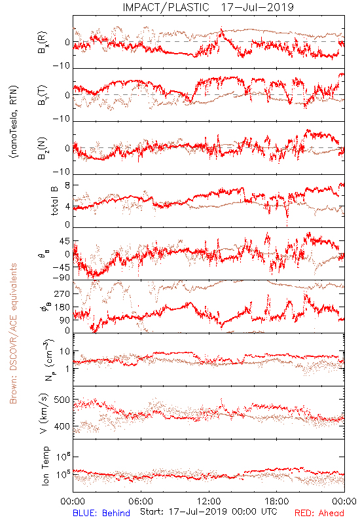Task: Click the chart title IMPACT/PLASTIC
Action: [x=166, y=7]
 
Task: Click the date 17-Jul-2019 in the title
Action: [x=257, y=7]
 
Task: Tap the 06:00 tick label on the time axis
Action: [x=141, y=501]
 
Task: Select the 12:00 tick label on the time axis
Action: [x=209, y=501]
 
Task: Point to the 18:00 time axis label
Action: [x=277, y=501]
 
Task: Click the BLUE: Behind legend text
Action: [x=101, y=513]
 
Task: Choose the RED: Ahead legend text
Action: [x=319, y=513]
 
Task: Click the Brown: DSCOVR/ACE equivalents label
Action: [x=13, y=333]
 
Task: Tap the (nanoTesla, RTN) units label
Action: [x=14, y=122]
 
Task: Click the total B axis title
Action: [x=54, y=201]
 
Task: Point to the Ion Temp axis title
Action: [x=45, y=466]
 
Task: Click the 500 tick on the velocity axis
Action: [x=62, y=400]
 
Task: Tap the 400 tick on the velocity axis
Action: [x=62, y=426]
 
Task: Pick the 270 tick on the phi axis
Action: [x=62, y=293]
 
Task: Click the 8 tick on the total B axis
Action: [x=67, y=185]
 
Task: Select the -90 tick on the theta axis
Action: [x=62, y=278]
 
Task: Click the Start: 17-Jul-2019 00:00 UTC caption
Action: [x=209, y=512]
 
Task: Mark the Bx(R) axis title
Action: [x=42, y=43]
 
